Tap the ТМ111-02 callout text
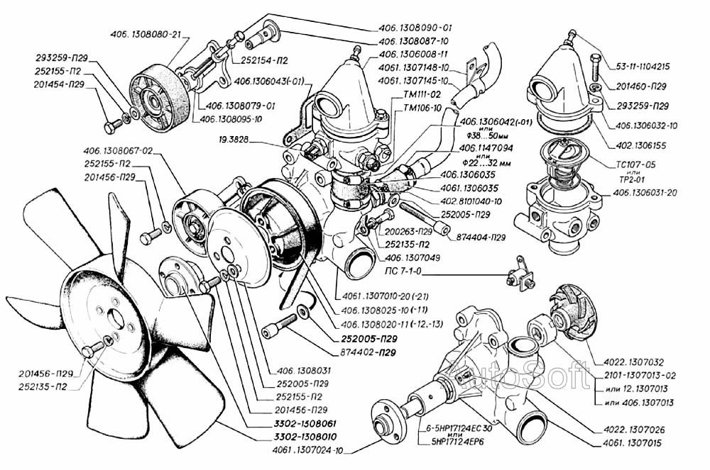421,93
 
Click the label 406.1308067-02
118,150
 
